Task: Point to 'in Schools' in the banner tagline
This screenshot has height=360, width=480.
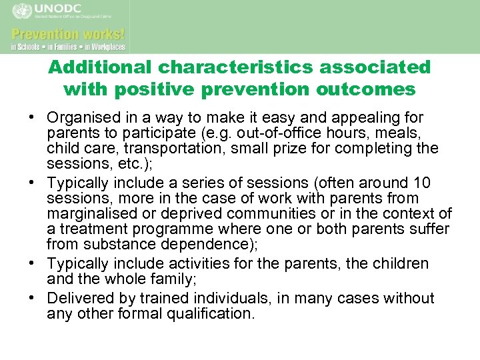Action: pyautogui.click(x=25, y=47)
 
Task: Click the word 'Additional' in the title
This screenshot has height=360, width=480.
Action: pyautogui.click(x=101, y=67)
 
